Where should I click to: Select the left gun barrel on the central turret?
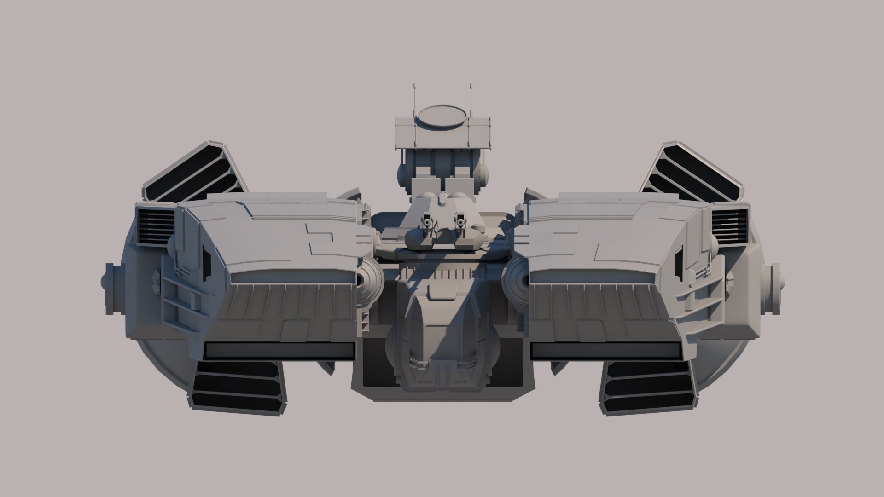(428, 223)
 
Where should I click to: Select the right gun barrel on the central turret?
(459, 223)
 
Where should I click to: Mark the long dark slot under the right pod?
(605, 351)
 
